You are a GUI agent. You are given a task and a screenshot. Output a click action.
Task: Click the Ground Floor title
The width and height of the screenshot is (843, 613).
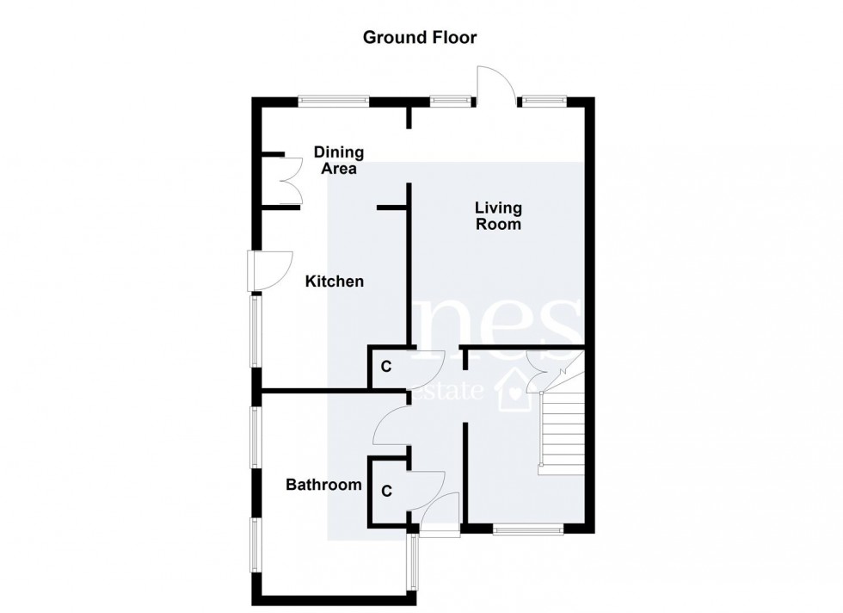pyautogui.click(x=419, y=37)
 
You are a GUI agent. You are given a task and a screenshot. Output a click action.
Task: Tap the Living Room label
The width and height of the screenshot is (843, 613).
pyautogui.click(x=499, y=216)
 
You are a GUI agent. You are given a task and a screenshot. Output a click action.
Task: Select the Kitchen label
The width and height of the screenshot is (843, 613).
pyautogui.click(x=335, y=282)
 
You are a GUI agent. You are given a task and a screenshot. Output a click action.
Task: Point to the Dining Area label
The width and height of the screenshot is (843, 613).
pyautogui.click(x=339, y=161)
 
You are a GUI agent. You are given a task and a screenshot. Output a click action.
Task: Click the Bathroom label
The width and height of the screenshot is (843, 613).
pyautogui.click(x=323, y=486)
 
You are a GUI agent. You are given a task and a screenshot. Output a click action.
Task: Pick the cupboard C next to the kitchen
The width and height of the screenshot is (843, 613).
pyautogui.click(x=386, y=367)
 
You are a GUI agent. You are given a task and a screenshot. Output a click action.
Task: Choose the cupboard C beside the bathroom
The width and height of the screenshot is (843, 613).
pyautogui.click(x=386, y=492)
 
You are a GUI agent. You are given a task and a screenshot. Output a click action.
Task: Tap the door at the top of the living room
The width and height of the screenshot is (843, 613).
pyautogui.click(x=496, y=87)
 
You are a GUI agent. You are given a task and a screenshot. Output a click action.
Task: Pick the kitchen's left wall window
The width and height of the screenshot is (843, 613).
pyautogui.click(x=255, y=331)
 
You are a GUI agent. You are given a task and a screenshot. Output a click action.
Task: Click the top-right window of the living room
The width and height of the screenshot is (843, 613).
pyautogui.click(x=541, y=100)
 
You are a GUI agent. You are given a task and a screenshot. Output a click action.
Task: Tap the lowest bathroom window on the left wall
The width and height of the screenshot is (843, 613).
pyautogui.click(x=255, y=543)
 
